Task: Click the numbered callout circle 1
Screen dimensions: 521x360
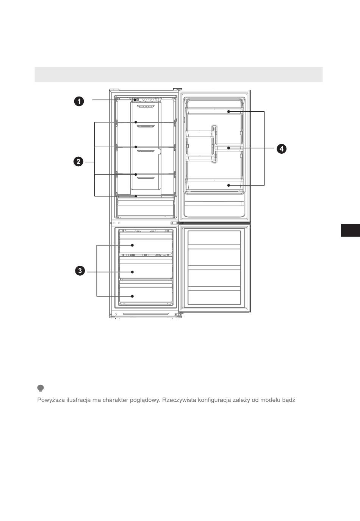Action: pos(79,101)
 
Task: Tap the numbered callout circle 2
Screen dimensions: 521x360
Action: pos(78,162)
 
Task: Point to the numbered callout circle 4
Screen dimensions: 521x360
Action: pos(281,149)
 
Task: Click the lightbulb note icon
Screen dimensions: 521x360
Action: pos(41,388)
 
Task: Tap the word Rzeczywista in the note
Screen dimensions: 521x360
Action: pos(179,400)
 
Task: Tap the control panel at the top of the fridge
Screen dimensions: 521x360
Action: pos(146,100)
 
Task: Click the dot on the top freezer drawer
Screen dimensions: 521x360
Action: pos(133,245)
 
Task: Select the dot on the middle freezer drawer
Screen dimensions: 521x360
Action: pos(133,272)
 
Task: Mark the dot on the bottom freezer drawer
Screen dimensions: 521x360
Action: pos(132,296)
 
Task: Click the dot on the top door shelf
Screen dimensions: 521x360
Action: pos(229,112)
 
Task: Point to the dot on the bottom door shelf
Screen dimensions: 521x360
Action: pos(229,185)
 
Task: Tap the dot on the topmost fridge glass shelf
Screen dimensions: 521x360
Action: pos(136,122)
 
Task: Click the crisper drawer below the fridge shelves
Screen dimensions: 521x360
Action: pos(146,207)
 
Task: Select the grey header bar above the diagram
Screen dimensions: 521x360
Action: pos(178,74)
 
